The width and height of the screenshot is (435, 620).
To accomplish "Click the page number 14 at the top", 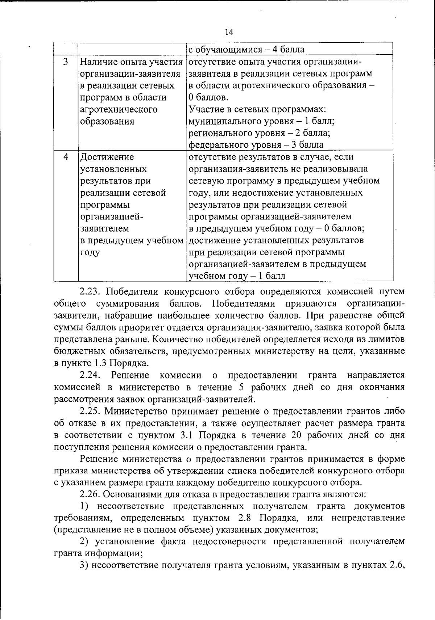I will click(229, 33).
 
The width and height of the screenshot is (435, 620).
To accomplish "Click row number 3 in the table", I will click(66, 62).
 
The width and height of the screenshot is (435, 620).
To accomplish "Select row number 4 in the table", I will click(66, 157).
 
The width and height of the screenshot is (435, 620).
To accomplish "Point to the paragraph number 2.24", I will click(92, 375).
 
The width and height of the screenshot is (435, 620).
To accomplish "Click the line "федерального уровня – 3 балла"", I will click(256, 145).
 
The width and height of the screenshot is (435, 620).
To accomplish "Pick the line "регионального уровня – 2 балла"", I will click(259, 133).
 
